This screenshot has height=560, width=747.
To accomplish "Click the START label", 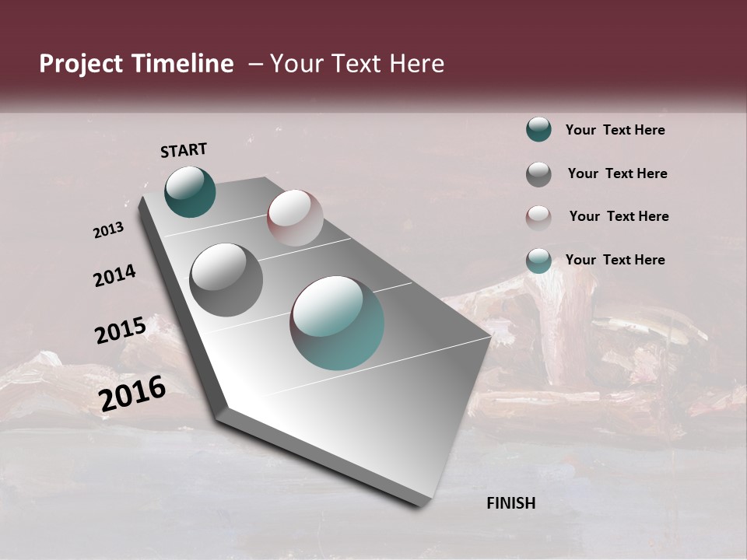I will tap(184, 150).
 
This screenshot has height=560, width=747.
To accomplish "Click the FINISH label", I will tap(511, 503).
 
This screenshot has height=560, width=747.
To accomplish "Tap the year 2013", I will tap(108, 230).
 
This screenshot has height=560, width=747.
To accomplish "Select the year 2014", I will tap(114, 276).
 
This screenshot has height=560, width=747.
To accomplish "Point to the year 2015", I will tap(121, 331).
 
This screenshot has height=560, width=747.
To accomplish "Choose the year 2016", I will tap(132, 394).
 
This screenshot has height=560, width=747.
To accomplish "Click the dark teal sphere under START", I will tap(190, 192).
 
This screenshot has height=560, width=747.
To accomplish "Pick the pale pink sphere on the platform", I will tap(295, 218).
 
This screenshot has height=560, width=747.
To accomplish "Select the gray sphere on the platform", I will tap(226, 280).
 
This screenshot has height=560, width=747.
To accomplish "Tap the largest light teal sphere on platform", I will tap(337, 323).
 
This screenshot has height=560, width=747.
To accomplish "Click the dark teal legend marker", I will tap(538, 129).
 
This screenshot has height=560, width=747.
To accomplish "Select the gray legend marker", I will tap(538, 174).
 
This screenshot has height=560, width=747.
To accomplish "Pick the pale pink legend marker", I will tap(538, 218).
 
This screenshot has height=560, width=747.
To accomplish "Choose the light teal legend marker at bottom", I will tap(538, 261).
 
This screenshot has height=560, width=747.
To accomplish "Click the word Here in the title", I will tap(416, 64).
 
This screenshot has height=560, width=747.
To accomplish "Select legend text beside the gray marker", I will tap(617, 173).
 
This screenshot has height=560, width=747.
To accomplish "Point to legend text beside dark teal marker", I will tap(615, 130).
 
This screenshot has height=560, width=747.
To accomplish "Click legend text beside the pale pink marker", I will tap(619, 216).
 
